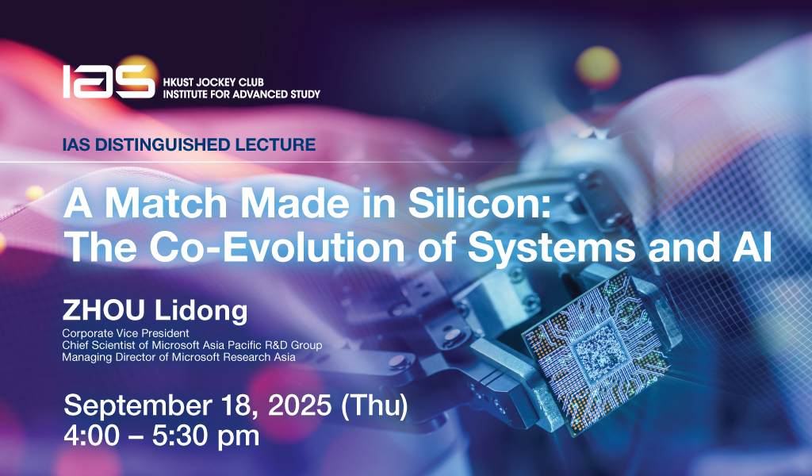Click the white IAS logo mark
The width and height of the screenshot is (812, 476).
[x=109, y=82]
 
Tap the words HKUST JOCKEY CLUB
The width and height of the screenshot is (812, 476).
[x=213, y=83]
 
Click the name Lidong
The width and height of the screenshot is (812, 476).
[x=201, y=311]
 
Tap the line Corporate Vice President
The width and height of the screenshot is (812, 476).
[x=126, y=333]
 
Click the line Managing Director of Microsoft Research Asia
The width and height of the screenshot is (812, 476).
[x=179, y=357]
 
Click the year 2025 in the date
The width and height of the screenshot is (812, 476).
[x=299, y=405]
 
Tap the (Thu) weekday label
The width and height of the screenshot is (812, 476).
[x=374, y=405]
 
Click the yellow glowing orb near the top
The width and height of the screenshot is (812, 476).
[x=598, y=67]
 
